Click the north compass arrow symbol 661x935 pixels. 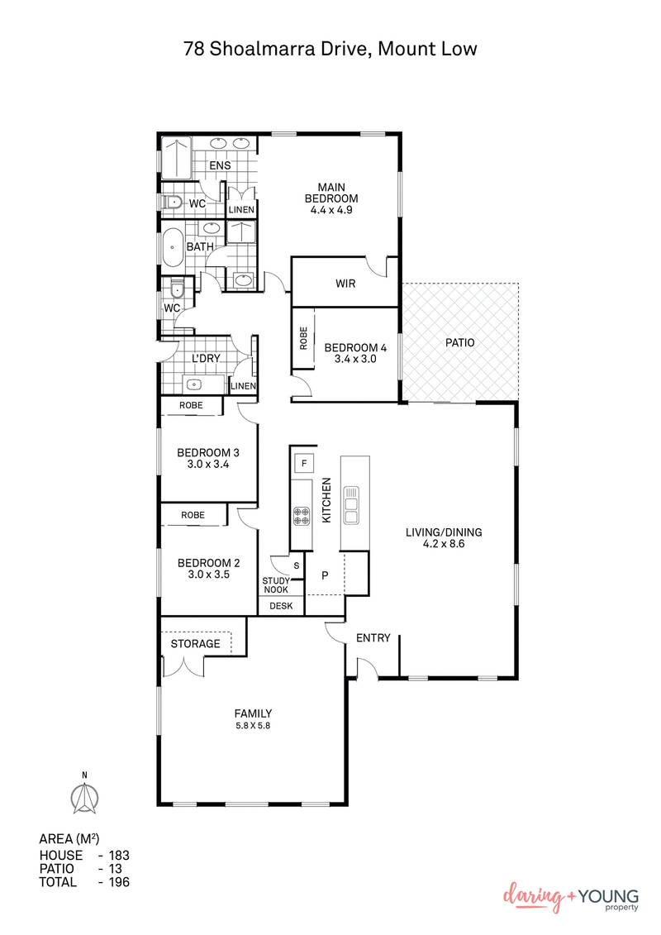[x=83, y=795]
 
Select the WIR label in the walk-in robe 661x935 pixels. [x=345, y=284]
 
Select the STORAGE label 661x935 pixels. [x=195, y=643]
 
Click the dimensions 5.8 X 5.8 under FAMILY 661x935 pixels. [x=253, y=726]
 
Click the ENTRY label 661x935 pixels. [x=373, y=638]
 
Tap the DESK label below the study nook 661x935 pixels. [x=281, y=606]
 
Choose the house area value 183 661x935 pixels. [x=118, y=856]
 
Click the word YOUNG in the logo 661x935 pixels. [x=606, y=896]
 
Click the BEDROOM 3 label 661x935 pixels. [x=208, y=452]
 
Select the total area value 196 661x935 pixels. [x=118, y=882]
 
